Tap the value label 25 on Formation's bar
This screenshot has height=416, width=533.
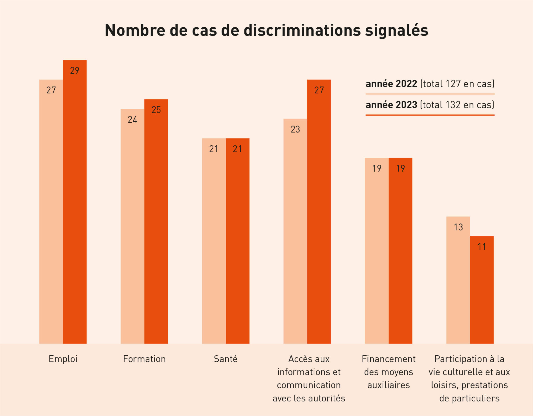(156, 110)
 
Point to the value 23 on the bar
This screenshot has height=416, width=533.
(295, 129)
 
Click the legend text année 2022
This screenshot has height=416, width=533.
(391, 84)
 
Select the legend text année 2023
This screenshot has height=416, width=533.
(391, 105)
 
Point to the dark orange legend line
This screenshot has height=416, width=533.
(430, 115)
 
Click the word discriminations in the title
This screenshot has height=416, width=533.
(302, 30)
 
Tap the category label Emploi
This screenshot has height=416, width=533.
(63, 359)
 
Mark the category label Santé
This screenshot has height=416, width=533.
(226, 359)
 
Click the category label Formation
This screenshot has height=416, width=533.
(144, 359)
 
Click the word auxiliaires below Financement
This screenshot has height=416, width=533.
(388, 385)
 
